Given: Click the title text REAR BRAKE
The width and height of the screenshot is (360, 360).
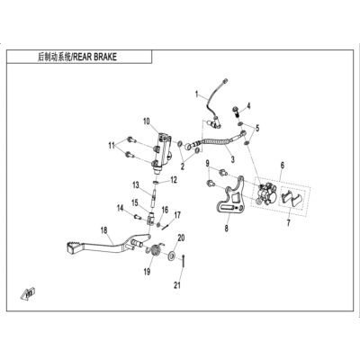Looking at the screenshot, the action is tap(94, 57).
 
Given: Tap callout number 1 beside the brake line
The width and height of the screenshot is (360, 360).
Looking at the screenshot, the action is tap(197, 94).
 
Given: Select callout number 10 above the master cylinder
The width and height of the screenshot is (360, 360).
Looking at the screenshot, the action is tap(146, 121).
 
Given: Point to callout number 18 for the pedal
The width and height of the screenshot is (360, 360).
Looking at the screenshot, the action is tap(103, 230).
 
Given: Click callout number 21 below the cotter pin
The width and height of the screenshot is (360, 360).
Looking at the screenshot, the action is tap(177, 284).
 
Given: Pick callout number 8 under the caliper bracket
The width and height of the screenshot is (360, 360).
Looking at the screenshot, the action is tap(226, 229).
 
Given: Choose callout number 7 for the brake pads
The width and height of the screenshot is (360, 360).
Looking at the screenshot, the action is tap(289, 223).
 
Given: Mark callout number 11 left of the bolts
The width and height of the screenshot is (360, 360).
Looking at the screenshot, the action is tap(112, 146).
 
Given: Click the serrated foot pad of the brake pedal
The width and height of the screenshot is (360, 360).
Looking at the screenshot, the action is tap(72, 247).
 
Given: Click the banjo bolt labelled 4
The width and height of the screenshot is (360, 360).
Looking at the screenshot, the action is tap(237, 112).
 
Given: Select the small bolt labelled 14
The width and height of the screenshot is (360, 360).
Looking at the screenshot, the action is tap(139, 216).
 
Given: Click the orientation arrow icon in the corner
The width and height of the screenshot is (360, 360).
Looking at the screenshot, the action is tap(28, 293).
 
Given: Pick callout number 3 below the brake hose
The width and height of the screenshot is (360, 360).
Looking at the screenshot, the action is tap(233, 159).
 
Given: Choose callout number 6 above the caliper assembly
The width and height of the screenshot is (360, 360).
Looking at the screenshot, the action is tap(283, 165).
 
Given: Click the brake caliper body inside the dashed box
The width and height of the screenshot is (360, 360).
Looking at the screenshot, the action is tap(265, 194).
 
